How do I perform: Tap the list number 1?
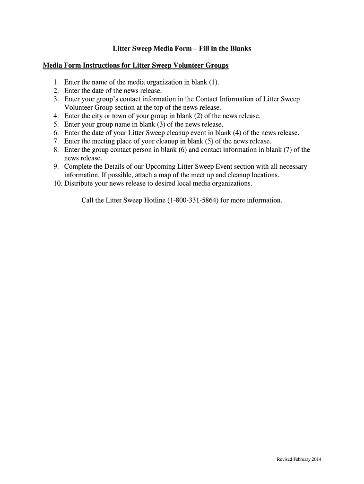pos(55,82)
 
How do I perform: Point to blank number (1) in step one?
pos(213,82)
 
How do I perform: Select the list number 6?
pos(55,133)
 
